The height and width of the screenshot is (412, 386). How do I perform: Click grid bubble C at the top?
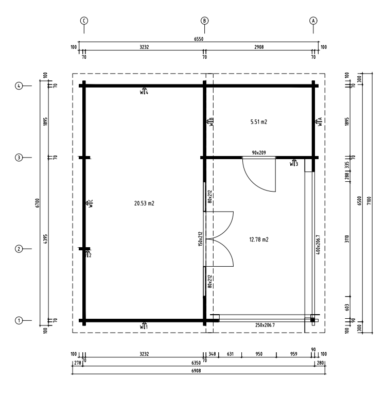point(84,21)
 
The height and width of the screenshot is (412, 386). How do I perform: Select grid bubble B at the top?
point(204,21)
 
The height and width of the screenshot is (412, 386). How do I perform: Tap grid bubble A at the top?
point(313,21)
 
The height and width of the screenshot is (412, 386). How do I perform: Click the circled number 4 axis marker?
point(19,85)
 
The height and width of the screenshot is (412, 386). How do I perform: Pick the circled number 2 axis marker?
point(19,249)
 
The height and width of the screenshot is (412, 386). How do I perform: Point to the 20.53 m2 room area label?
point(144,203)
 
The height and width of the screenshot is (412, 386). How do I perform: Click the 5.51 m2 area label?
point(259,122)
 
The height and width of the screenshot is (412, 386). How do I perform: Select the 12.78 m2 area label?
point(259,239)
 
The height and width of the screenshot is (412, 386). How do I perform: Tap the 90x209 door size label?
point(259,152)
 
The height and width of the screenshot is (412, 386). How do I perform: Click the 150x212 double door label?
point(201,239)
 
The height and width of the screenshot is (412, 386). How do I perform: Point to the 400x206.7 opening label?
point(318,245)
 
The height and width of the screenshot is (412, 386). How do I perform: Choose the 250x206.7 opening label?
point(265,325)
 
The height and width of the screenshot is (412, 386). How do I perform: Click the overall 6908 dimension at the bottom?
point(196,371)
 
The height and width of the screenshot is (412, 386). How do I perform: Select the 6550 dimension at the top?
point(199,39)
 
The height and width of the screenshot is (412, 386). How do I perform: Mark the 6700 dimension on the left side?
point(38,203)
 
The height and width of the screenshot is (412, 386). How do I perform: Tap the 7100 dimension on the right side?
point(369,201)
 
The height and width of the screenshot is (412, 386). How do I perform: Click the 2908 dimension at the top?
point(259,47)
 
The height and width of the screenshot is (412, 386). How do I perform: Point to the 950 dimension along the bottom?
point(259,354)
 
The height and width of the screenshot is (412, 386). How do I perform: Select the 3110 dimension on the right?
point(347,239)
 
